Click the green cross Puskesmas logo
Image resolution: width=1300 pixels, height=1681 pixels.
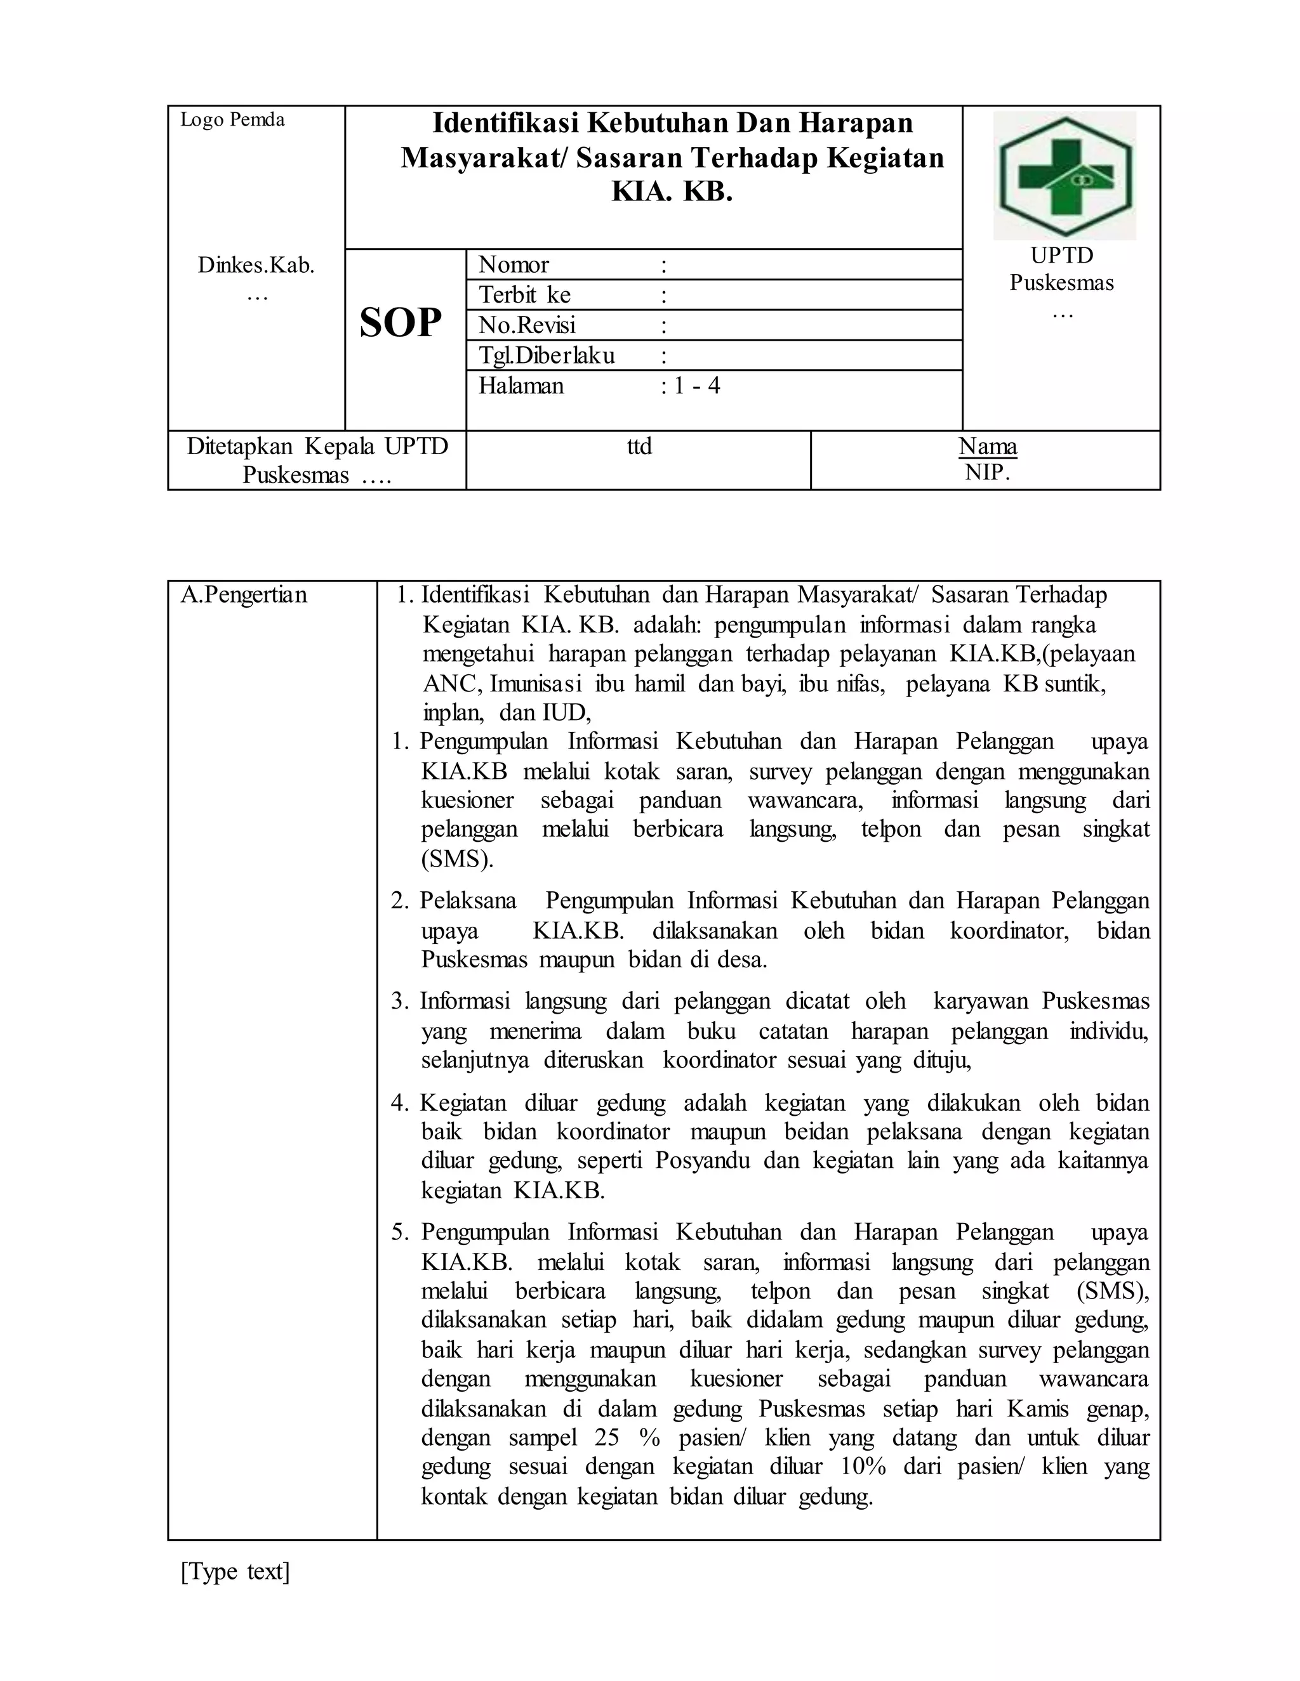1065,176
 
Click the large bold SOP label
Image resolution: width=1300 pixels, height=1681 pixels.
401,322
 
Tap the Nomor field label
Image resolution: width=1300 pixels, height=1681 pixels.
514,265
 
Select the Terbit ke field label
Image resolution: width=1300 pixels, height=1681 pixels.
524,295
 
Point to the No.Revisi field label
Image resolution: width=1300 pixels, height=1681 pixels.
527,325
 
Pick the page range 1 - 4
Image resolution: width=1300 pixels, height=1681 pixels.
696,386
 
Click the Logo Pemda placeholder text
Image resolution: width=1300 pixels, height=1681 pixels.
232,119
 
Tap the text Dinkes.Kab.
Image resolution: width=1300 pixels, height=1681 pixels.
256,266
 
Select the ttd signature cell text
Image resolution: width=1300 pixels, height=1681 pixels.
639,447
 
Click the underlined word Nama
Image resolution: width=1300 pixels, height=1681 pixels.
987,447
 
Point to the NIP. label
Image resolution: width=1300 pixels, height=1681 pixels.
987,472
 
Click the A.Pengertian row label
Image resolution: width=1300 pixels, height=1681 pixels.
243,595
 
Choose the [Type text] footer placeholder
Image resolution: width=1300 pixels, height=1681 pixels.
235,1571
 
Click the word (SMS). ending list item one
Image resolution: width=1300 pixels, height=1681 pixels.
456,859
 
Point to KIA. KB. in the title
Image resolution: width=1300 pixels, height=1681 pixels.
672,192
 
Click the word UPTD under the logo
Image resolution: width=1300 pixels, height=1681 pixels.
1061,256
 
